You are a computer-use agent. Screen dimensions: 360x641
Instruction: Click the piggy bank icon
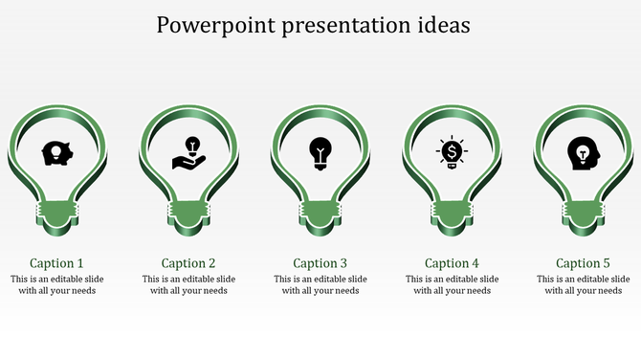56,152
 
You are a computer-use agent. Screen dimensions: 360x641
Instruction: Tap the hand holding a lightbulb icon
188,152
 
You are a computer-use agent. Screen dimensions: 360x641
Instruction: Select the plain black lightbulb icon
320,152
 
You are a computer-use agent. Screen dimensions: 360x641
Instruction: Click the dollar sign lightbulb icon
451,152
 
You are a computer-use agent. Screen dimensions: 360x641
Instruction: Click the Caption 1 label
56,263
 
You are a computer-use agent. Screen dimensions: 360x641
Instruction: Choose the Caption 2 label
188,263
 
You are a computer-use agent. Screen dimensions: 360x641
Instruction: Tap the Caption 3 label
320,263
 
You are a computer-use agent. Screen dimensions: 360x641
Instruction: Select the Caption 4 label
452,263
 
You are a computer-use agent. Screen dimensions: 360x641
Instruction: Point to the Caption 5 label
583,263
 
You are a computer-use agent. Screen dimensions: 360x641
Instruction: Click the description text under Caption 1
56,285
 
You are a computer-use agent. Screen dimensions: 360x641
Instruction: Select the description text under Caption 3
320,285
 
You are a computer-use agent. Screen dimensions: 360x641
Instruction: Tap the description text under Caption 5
583,285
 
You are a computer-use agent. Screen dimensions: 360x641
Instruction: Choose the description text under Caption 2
188,285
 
